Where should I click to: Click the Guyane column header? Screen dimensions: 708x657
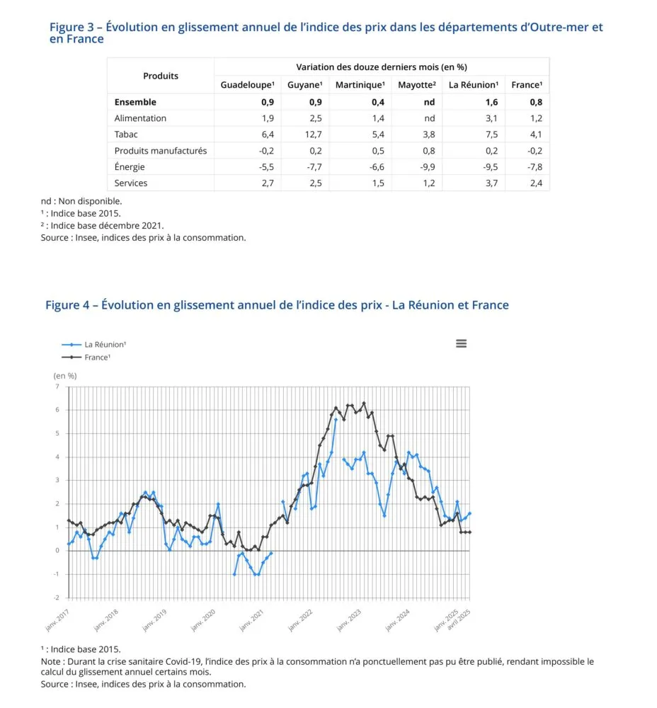click(x=304, y=85)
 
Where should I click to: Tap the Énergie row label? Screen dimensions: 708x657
click(x=130, y=167)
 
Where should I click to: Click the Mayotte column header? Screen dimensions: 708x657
click(x=416, y=85)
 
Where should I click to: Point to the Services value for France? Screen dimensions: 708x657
click(x=536, y=183)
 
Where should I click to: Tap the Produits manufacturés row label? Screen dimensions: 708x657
click(x=161, y=151)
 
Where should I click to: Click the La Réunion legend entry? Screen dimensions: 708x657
click(x=105, y=344)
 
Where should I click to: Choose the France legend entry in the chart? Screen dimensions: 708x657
click(x=97, y=358)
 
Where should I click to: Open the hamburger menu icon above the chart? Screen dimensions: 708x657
click(x=462, y=343)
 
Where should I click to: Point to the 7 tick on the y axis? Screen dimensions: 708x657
click(x=57, y=387)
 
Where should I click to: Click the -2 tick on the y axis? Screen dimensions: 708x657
click(x=57, y=598)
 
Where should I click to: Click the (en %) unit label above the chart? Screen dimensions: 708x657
click(x=65, y=375)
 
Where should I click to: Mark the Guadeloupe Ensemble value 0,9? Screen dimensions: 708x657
click(x=267, y=102)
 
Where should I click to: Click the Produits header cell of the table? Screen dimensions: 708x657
click(x=161, y=76)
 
